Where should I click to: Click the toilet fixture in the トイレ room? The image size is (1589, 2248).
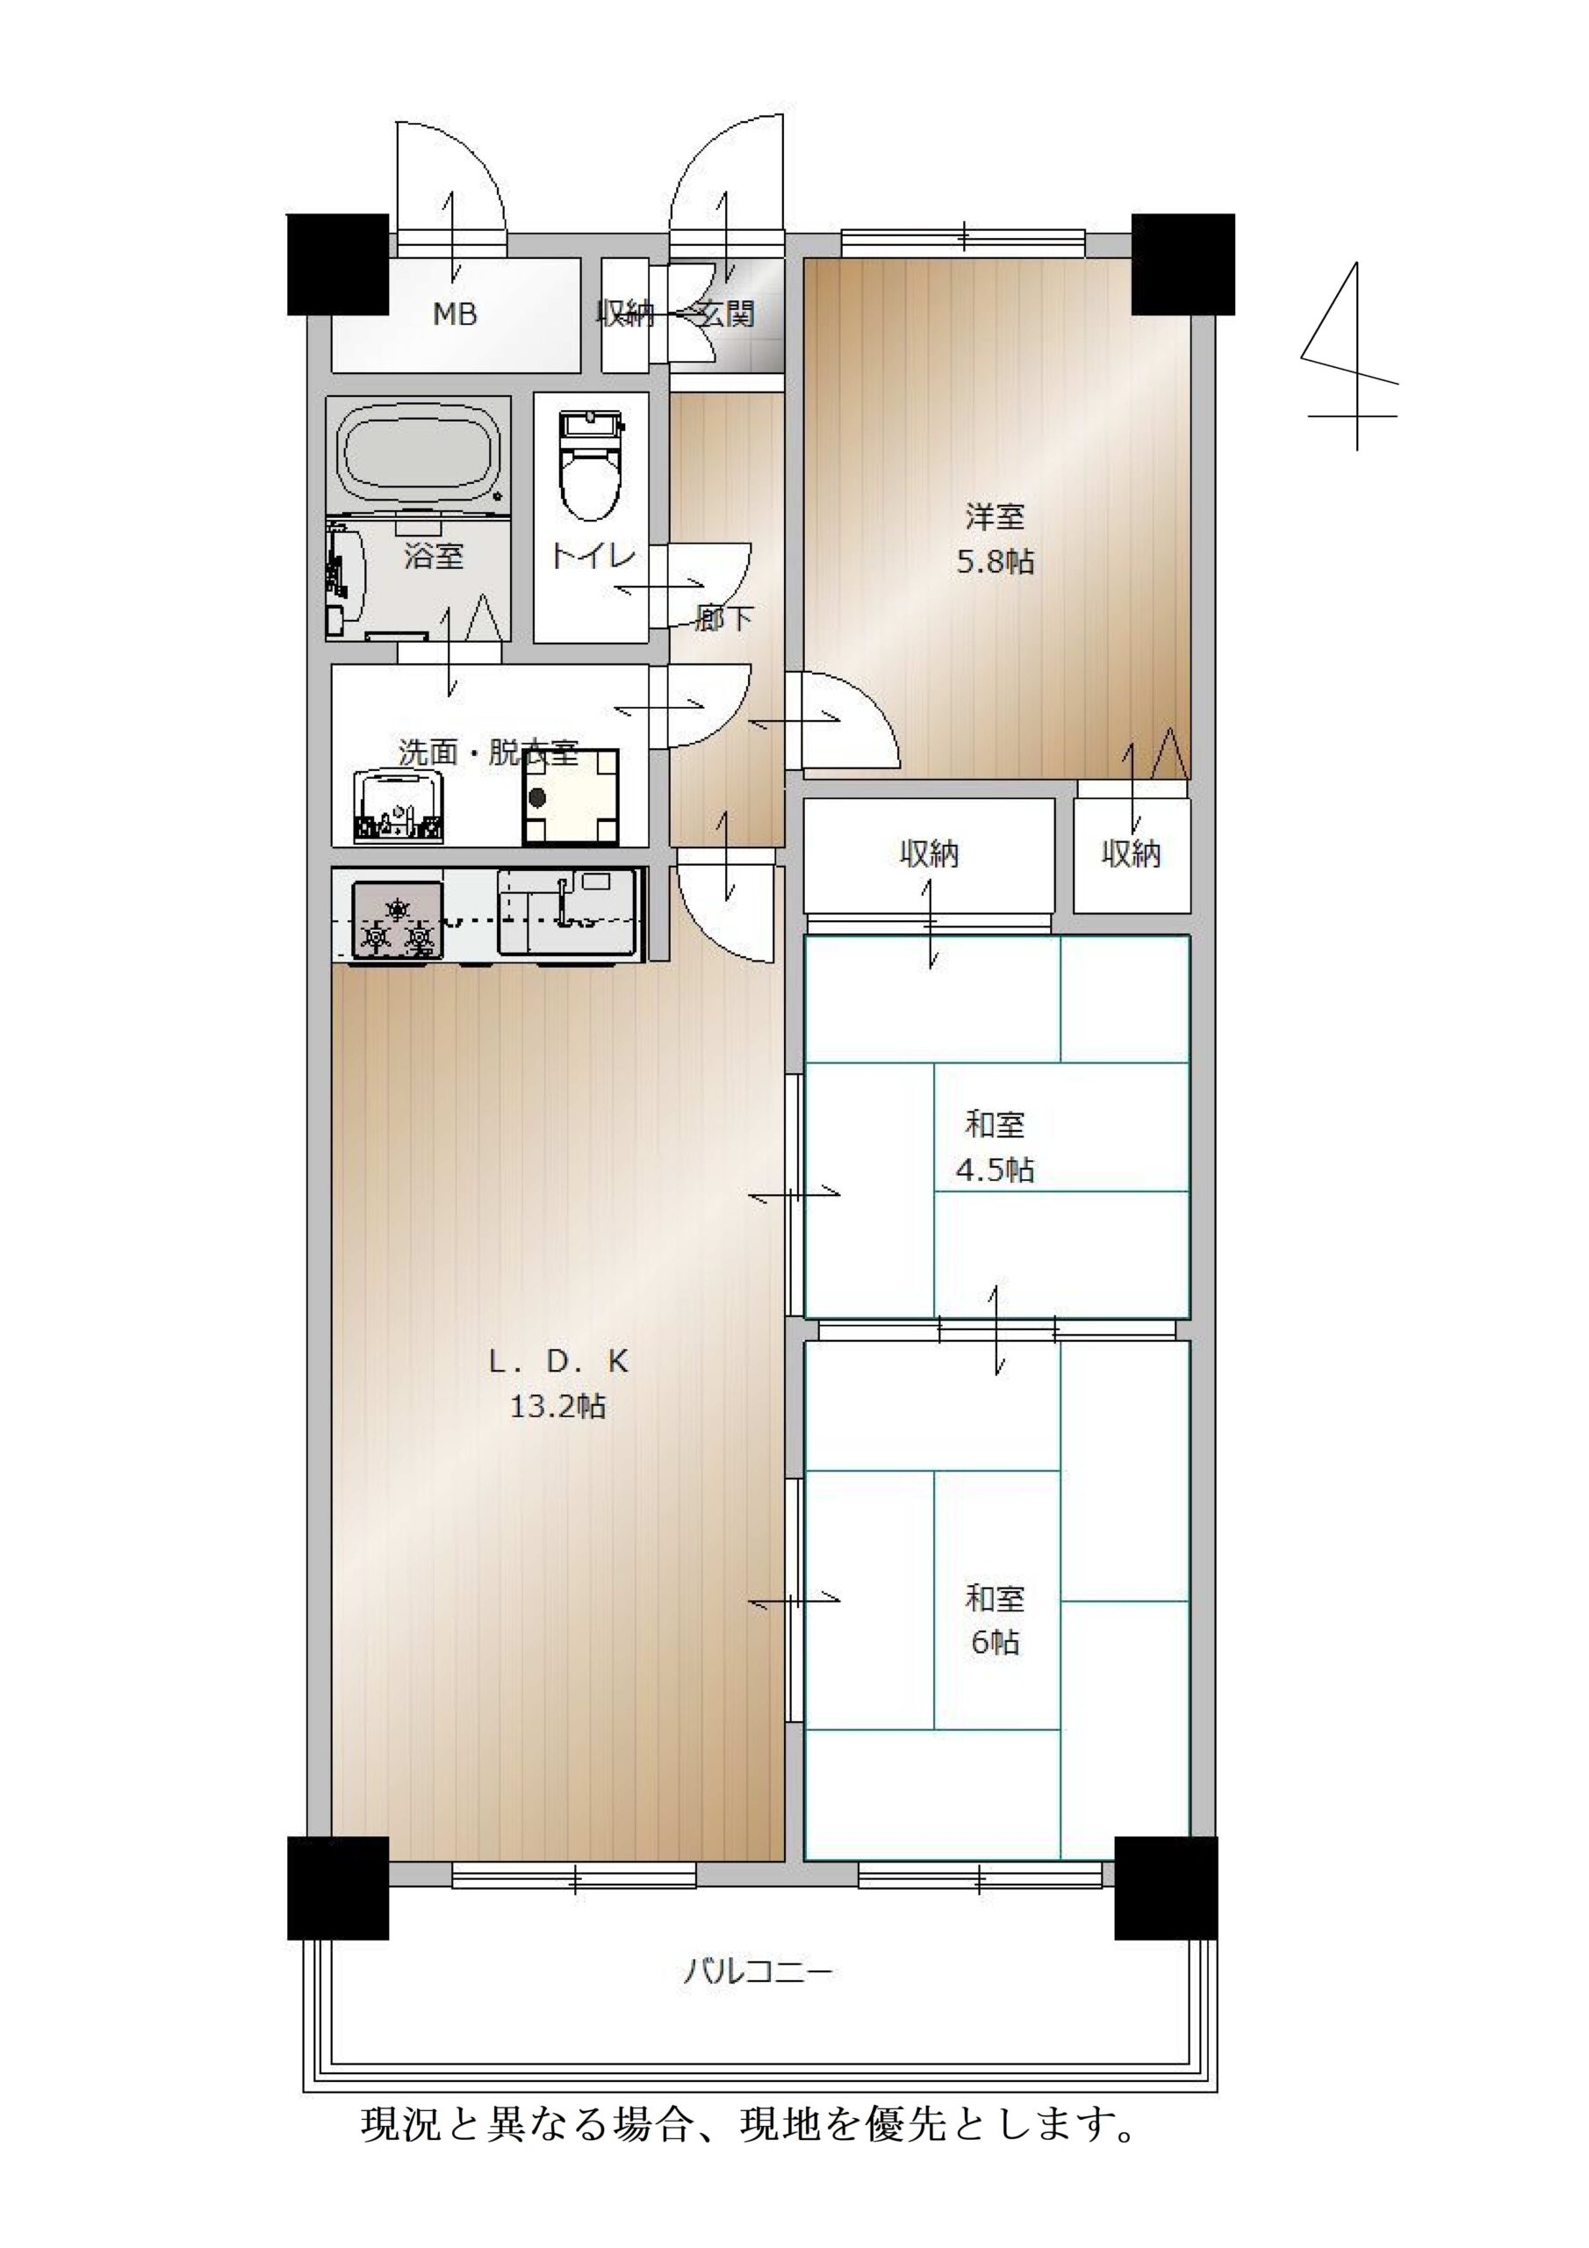(x=590, y=465)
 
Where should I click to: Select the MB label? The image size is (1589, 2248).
(x=456, y=314)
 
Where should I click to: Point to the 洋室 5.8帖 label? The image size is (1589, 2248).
(x=995, y=537)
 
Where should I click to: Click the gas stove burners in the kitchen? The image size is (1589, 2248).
(x=397, y=920)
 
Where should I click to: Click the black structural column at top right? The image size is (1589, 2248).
(x=1183, y=264)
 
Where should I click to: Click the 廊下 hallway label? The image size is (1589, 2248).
(x=724, y=618)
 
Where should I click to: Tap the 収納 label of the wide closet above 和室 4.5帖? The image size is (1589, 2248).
(x=929, y=854)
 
